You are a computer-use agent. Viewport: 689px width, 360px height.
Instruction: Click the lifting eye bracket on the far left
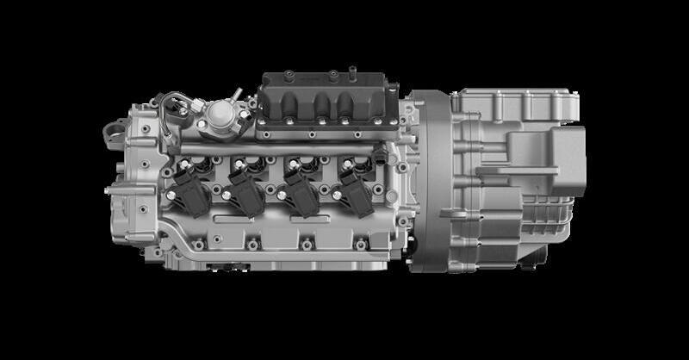(111, 131)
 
